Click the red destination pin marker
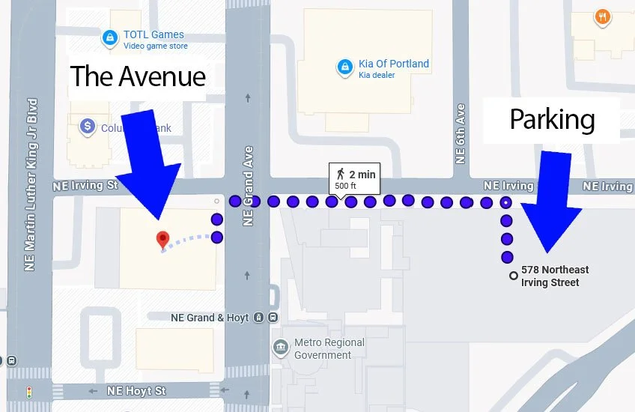pos(162,240)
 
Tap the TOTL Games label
pos(154,34)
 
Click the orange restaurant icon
pos(602,17)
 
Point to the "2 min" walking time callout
pos(355,179)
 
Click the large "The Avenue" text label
pos(138,76)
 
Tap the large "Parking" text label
pos(552,119)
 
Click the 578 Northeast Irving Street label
pos(555,276)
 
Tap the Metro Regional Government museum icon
pos(281,347)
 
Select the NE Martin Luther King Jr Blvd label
pos(31,184)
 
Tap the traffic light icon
pos(29,392)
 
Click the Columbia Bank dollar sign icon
pos(88,127)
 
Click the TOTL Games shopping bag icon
pos(110,36)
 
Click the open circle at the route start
pos(513,276)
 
